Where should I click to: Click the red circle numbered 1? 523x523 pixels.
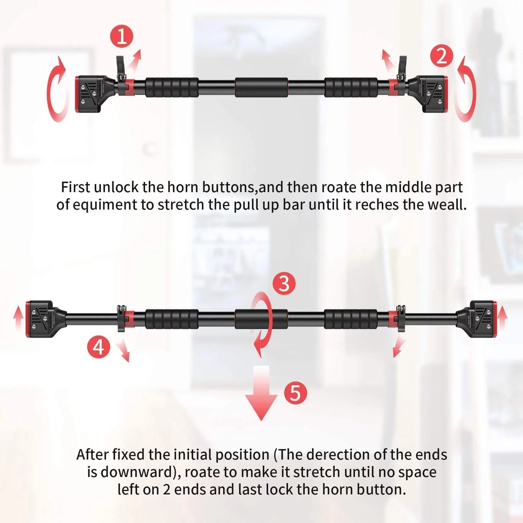click(x=122, y=36)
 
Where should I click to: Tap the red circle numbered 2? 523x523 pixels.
click(x=442, y=56)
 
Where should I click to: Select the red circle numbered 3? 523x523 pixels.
click(x=284, y=283)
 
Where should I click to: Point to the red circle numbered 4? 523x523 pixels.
click(x=98, y=347)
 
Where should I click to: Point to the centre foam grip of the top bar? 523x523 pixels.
click(x=261, y=87)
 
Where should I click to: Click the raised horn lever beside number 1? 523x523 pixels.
click(x=120, y=67)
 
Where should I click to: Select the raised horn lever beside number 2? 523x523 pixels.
click(x=402, y=67)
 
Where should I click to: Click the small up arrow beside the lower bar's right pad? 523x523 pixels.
click(x=502, y=317)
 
